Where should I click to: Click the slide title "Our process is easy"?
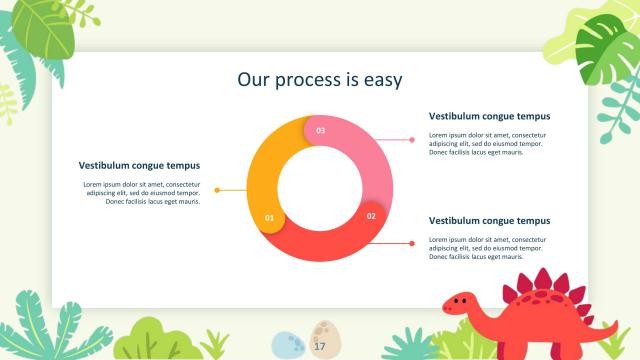(319, 79)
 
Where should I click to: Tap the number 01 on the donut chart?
(268, 217)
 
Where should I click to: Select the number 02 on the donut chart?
(371, 216)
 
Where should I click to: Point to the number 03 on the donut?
(320, 131)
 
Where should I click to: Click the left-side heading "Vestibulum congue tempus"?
(139, 165)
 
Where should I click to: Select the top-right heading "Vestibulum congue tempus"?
(489, 116)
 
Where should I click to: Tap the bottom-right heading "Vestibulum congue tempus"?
(489, 220)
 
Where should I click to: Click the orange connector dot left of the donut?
(217, 190)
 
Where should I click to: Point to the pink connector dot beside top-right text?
(412, 140)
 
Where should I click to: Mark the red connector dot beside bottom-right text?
(412, 243)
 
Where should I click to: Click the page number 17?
(320, 346)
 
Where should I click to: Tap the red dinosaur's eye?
(459, 299)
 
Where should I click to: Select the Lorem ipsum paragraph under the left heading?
(141, 193)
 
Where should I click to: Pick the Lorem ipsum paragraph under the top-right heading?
(488, 143)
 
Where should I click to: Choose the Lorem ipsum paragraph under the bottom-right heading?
(488, 248)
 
